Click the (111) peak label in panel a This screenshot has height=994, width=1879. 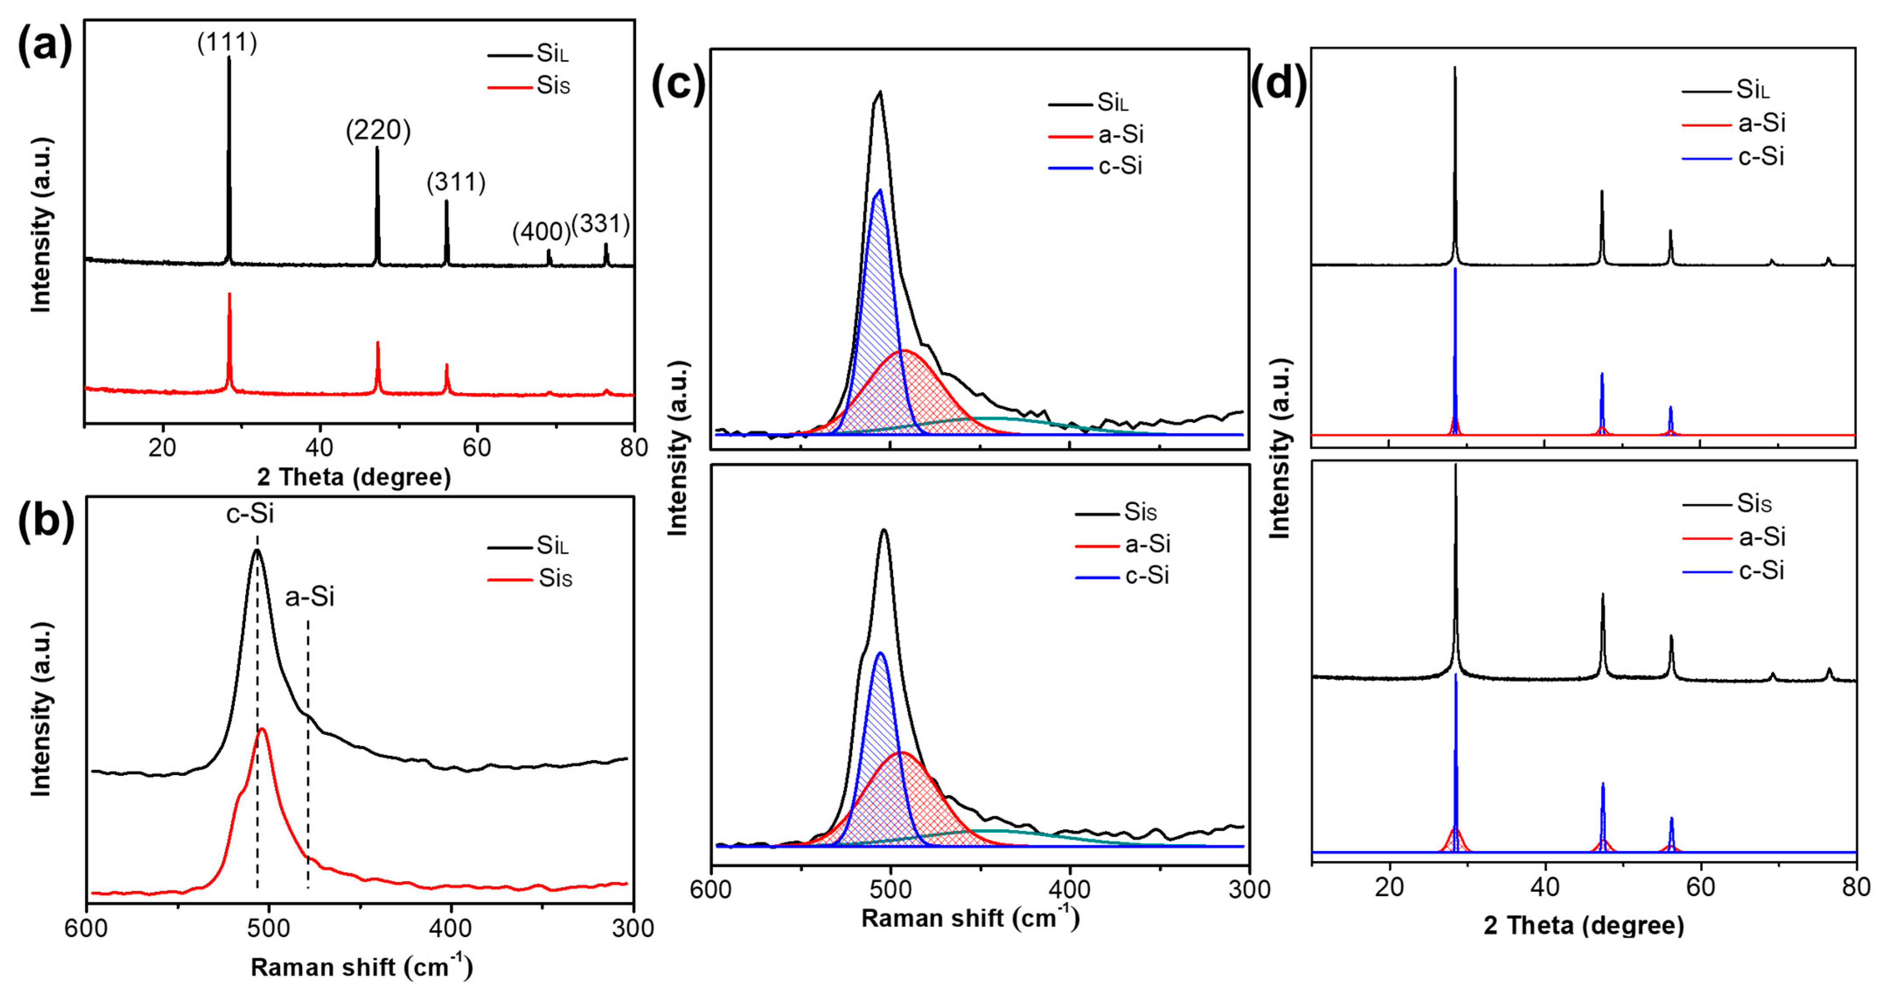click(227, 42)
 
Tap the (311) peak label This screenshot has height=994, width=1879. click(456, 182)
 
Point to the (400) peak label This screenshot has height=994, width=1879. click(541, 232)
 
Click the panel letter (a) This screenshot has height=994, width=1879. click(45, 45)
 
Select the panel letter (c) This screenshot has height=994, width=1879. click(678, 84)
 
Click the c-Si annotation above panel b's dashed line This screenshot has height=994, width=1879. click(250, 513)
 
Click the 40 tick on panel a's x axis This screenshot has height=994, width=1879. click(320, 447)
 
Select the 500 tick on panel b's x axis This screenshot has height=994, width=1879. click(268, 928)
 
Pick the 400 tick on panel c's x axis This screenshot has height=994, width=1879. click(1070, 889)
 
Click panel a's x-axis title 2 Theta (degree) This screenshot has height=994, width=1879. click(354, 477)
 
